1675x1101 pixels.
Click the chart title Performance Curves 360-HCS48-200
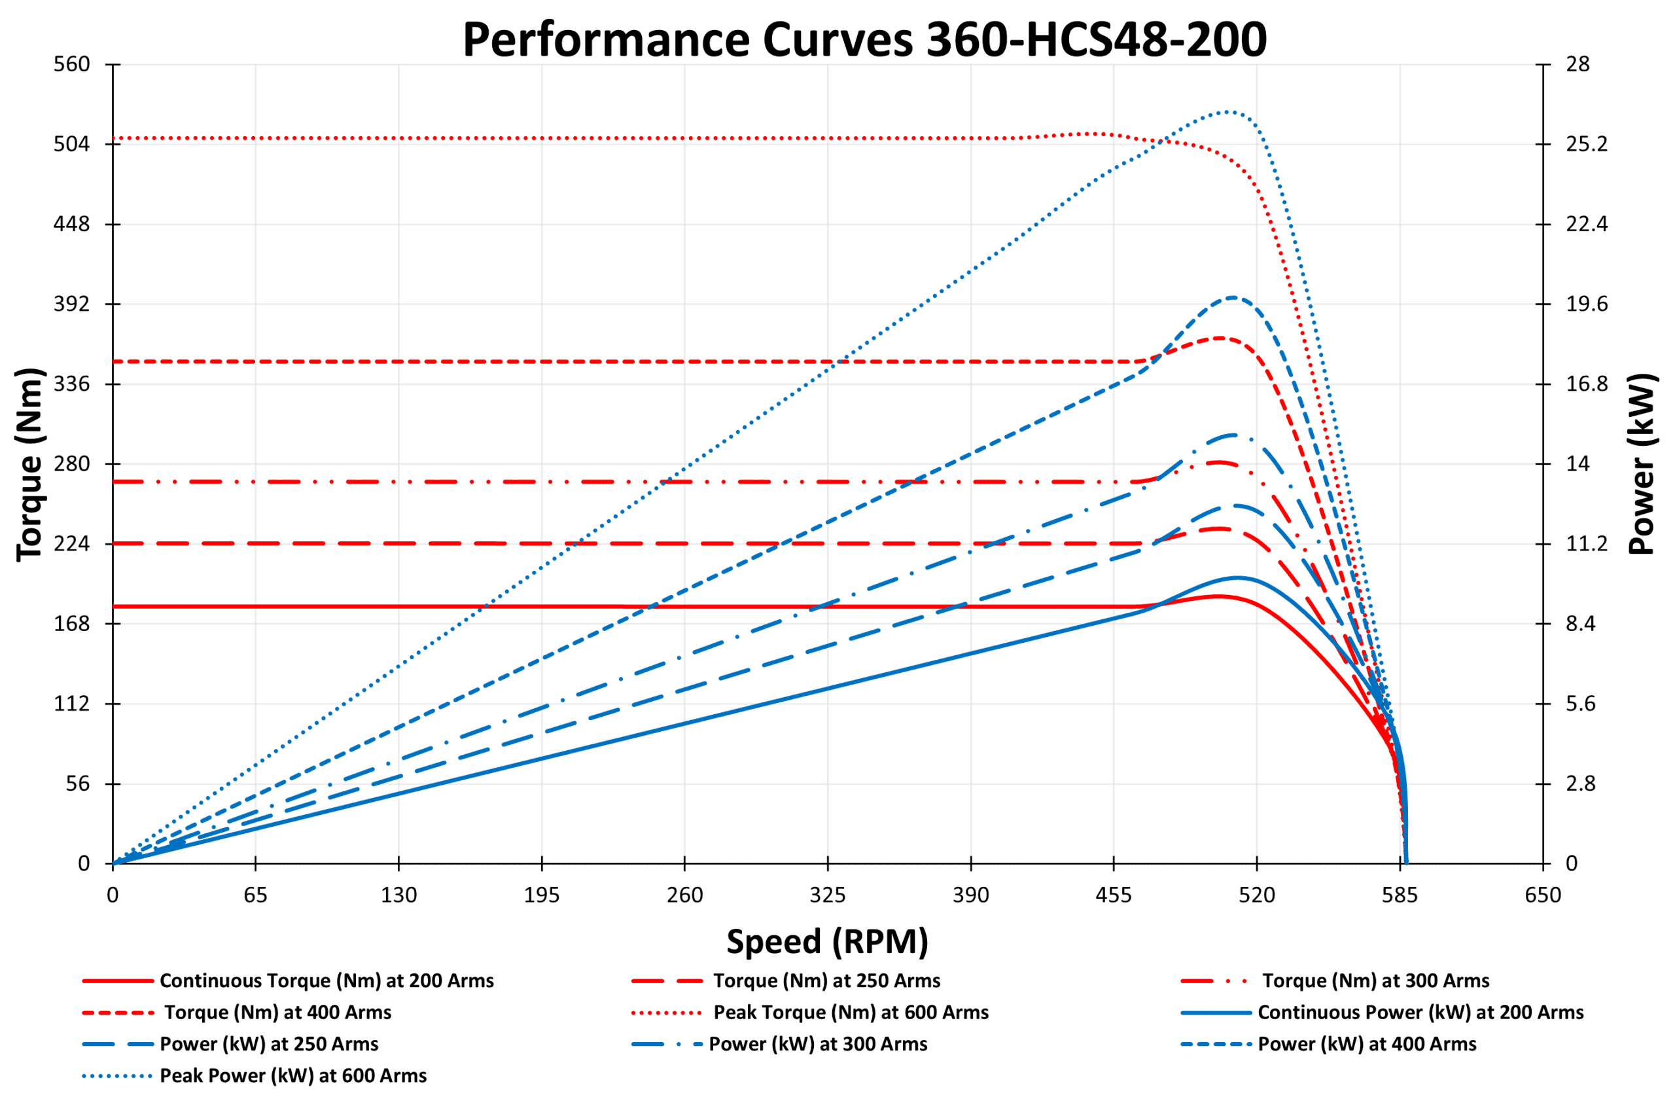point(864,39)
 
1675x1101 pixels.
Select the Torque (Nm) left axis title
point(29,465)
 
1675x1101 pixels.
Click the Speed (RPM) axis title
point(827,942)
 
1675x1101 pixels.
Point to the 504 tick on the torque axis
point(72,144)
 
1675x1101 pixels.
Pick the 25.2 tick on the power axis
point(1586,144)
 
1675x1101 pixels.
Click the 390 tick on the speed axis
point(970,895)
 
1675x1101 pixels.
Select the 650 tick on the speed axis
point(1543,895)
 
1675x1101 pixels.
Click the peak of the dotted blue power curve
point(1227,111)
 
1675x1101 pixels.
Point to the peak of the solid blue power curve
point(1236,577)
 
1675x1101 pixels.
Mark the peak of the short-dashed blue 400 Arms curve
point(1232,297)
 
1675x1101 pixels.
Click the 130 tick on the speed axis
point(398,895)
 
